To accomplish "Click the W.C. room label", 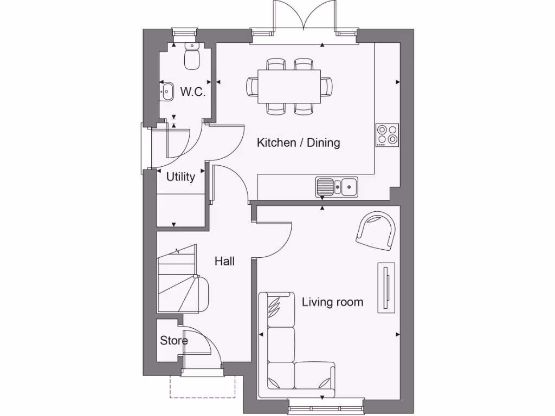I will click(193, 92).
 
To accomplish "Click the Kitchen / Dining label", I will click(298, 143).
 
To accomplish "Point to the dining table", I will click(289, 86).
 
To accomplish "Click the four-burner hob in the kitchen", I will click(387, 135).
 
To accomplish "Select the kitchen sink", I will click(337, 186).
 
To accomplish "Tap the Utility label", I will click(180, 177).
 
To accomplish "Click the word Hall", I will click(224, 261).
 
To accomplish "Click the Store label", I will click(174, 341).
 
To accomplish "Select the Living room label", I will click(332, 302).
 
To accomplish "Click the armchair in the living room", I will click(376, 231).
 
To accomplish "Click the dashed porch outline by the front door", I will click(203, 388).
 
